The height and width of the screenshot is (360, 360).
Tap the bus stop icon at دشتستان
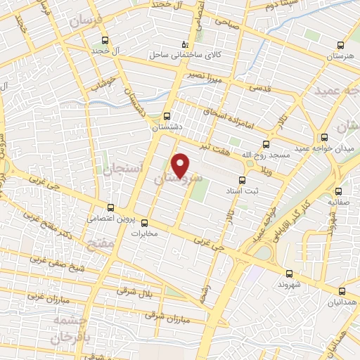(x=167, y=116)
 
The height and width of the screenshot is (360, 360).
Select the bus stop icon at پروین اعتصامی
(x=110, y=207)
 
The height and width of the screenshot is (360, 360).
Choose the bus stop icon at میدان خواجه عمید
(x=324, y=137)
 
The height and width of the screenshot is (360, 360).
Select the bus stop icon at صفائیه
(x=339, y=191)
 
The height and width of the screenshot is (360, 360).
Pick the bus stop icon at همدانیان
(x=342, y=290)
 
